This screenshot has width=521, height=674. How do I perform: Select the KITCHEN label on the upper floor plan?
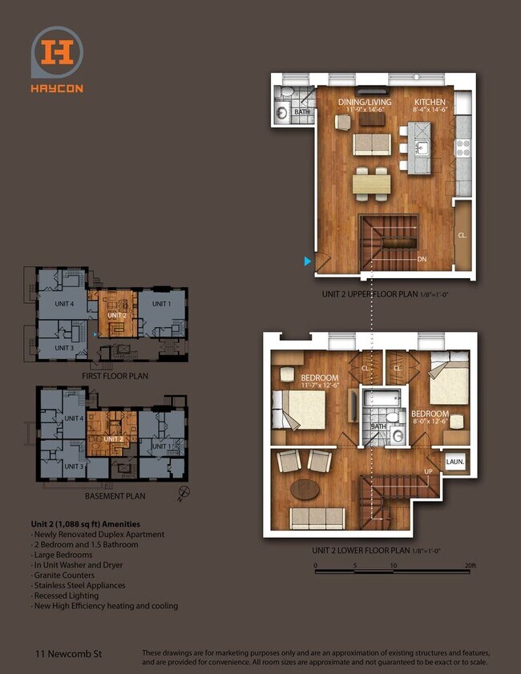(430, 103)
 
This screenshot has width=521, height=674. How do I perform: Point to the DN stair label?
(422, 260)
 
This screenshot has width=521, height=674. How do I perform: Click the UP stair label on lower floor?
(429, 471)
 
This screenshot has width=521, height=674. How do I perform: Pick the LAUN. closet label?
(454, 462)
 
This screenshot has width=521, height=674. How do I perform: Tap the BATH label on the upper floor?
(302, 112)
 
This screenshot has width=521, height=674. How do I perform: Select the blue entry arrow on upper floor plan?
(307, 261)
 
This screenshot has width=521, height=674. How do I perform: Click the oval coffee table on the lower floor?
(309, 488)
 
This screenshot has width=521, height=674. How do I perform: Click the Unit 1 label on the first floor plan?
(162, 304)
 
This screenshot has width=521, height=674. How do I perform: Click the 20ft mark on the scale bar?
(470, 566)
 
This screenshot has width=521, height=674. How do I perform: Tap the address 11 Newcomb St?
(65, 654)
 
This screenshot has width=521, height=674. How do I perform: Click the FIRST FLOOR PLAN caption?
(115, 375)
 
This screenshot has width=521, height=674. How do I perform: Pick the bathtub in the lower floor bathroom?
(374, 398)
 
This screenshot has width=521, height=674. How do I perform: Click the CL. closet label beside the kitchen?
(462, 236)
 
